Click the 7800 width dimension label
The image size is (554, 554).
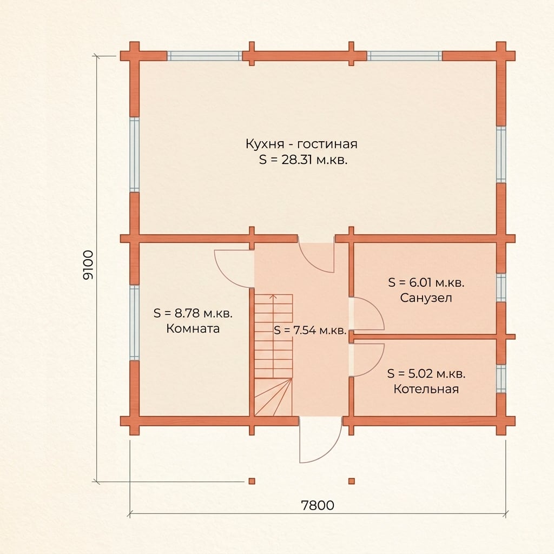click(x=318, y=505)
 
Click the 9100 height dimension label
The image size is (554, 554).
click(x=88, y=265)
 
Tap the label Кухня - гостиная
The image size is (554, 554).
click(x=301, y=144)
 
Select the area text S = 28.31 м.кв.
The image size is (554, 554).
click(x=303, y=160)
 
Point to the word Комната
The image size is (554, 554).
click(x=193, y=328)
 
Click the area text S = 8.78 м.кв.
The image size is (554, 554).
click(x=193, y=313)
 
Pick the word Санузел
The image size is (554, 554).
click(x=426, y=298)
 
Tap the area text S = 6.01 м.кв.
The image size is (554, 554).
click(x=426, y=282)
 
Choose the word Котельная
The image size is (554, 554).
click(x=426, y=389)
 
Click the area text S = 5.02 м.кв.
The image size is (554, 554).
click(x=426, y=373)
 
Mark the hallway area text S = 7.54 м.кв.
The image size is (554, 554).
click(x=310, y=331)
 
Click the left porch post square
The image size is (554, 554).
click(x=252, y=481)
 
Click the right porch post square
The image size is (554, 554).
click(x=352, y=481)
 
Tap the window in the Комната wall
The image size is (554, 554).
click(x=134, y=322)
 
